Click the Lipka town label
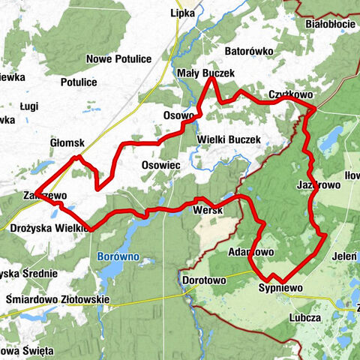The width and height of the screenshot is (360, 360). tap(183, 13)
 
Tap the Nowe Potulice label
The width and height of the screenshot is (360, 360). tap(119, 59)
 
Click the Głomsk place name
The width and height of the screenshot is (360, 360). tap(67, 142)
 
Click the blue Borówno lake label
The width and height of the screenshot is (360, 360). tap(117, 257)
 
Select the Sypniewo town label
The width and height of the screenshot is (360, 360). tap(280, 288)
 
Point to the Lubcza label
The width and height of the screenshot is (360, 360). tap(304, 317)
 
